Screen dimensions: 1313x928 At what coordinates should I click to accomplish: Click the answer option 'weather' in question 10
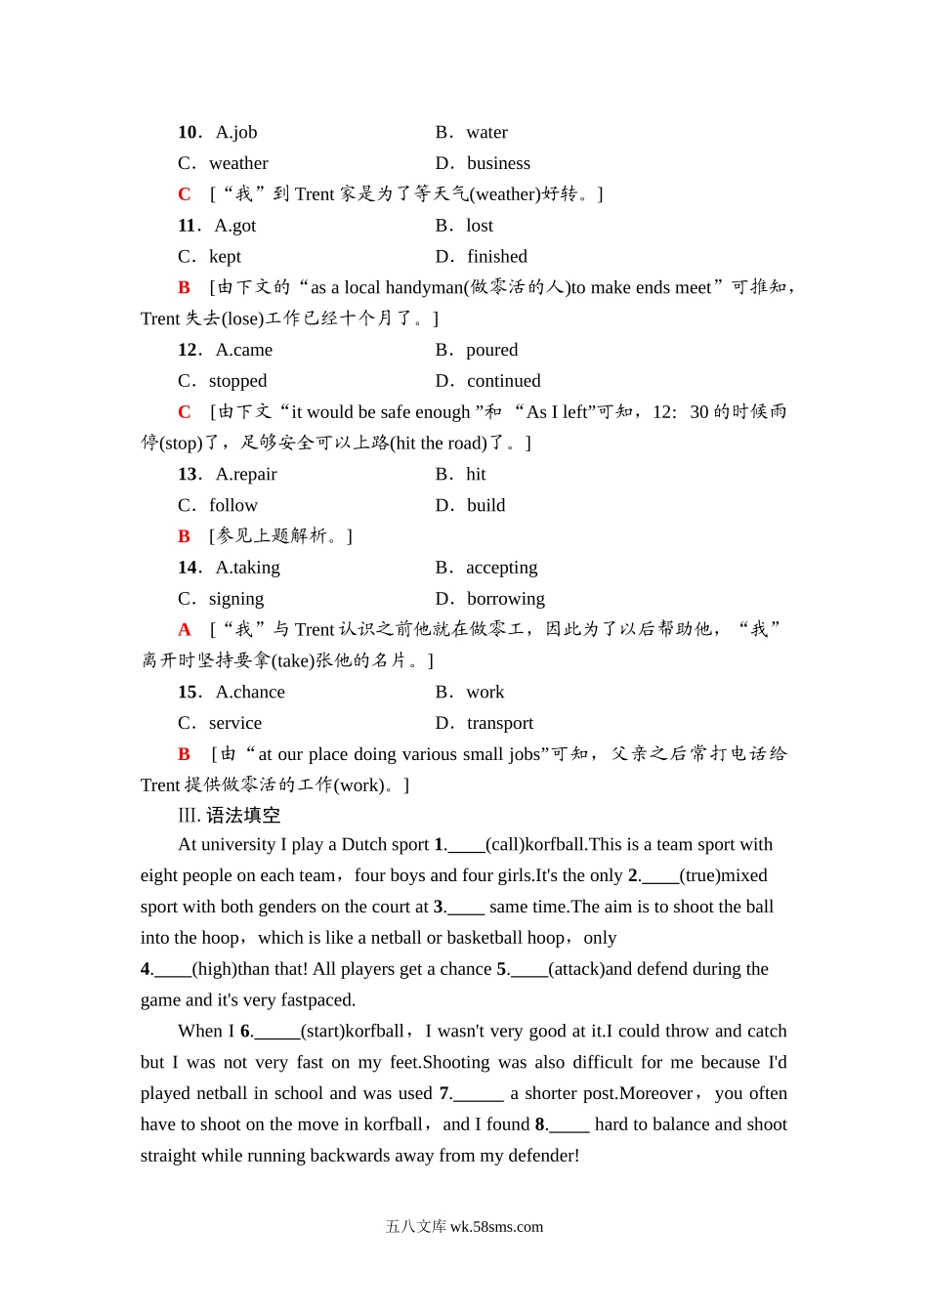click(238, 163)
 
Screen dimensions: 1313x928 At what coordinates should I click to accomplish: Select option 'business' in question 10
click(498, 163)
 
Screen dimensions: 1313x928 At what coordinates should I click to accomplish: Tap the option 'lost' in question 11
click(480, 226)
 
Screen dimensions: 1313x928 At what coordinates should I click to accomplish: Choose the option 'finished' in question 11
click(496, 257)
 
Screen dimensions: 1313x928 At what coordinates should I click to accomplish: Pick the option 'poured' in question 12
click(492, 350)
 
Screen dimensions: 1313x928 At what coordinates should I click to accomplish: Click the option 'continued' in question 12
click(503, 381)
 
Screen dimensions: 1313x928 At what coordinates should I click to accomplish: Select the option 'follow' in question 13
click(233, 505)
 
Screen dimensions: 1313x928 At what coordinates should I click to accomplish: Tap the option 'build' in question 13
click(485, 505)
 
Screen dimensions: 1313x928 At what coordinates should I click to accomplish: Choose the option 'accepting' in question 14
click(501, 568)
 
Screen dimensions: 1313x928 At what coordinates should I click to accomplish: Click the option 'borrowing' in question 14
click(505, 599)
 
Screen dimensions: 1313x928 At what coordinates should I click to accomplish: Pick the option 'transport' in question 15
click(500, 723)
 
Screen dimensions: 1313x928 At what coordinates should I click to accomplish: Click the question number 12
click(189, 350)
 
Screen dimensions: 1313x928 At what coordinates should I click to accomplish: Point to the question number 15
click(189, 692)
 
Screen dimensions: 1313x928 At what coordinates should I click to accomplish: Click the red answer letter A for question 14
click(185, 630)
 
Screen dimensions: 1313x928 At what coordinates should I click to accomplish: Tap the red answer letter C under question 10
click(185, 194)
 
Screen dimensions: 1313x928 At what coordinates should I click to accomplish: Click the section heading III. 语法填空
click(229, 815)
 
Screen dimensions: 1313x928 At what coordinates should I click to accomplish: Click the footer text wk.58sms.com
click(496, 1227)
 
